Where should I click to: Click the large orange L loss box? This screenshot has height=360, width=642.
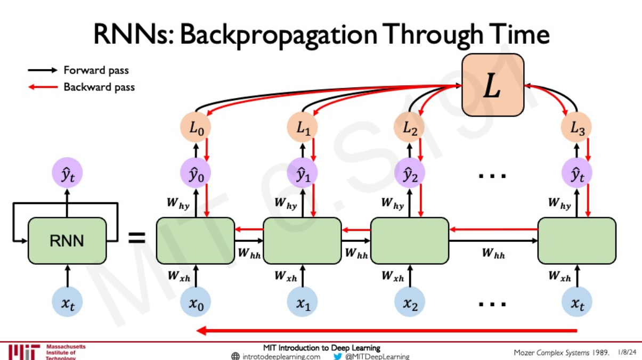pos(493,85)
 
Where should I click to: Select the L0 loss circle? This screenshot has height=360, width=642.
pos(197,128)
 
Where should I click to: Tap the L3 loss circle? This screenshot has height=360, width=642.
pos(576,128)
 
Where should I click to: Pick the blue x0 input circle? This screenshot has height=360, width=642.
pos(197,303)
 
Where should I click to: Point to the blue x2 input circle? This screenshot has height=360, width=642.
pos(410,303)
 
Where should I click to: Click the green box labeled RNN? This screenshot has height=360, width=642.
pos(67,241)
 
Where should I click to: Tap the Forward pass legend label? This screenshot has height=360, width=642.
pos(96,70)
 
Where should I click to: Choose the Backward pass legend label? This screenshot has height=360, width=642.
pos(99,87)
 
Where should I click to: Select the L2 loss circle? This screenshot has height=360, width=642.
pos(410,128)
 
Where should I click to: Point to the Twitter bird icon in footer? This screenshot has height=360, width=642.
pos(337,356)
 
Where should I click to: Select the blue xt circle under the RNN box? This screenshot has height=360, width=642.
pos(67,303)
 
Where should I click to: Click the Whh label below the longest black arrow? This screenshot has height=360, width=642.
pos(493,253)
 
